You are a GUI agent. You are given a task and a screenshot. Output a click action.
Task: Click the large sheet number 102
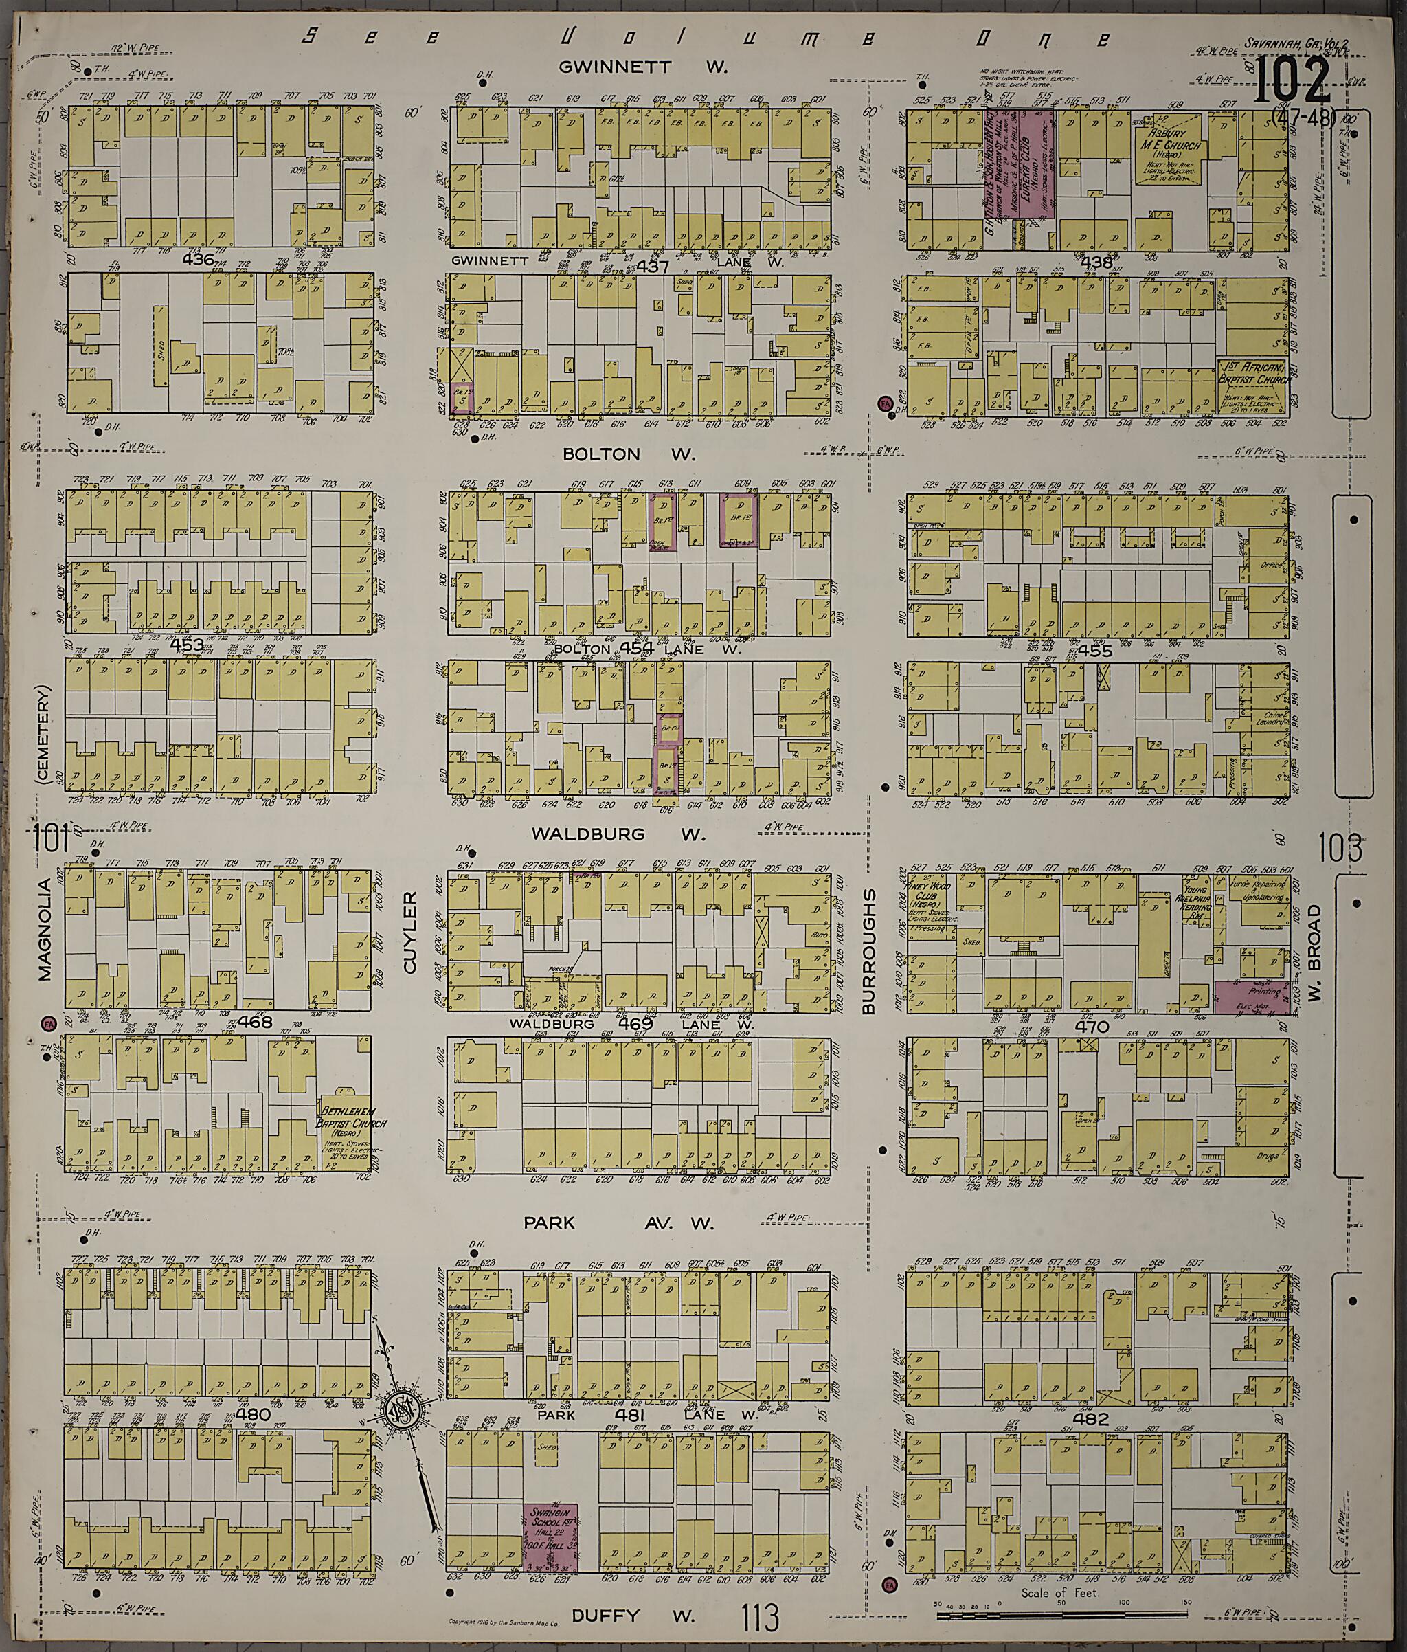tap(1292, 80)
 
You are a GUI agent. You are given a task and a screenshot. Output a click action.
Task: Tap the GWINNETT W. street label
tap(642, 67)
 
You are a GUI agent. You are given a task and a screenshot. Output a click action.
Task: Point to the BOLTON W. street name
tap(629, 454)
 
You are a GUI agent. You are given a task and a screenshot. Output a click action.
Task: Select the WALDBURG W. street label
tap(618, 834)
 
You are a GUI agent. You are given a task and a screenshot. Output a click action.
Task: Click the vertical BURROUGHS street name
tap(869, 952)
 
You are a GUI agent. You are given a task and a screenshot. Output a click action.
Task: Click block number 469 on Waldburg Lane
tap(635, 1023)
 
